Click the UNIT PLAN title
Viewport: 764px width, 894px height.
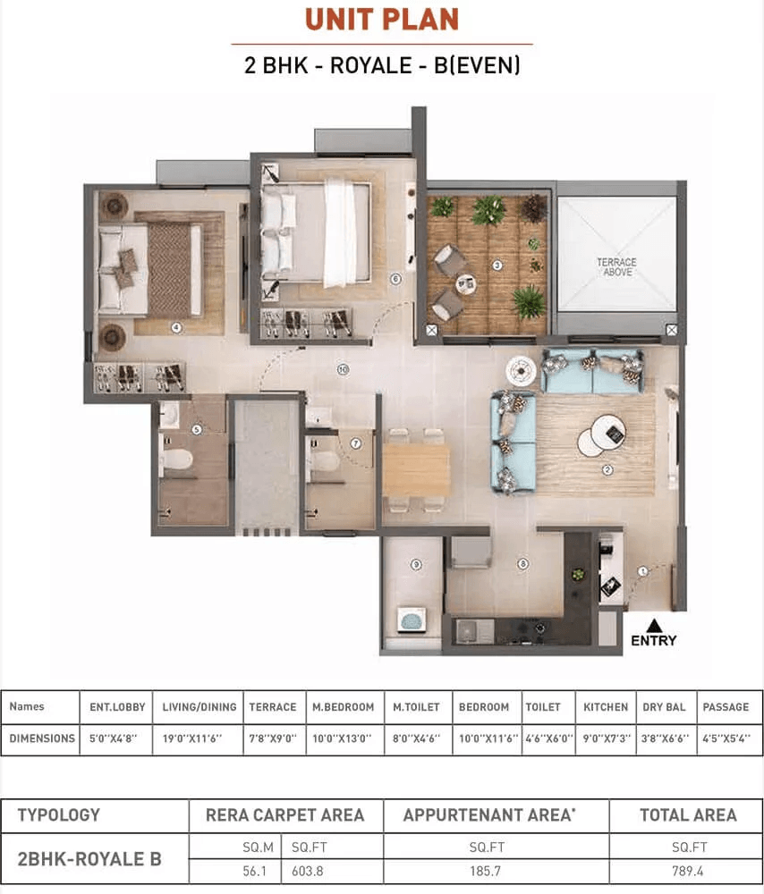(x=382, y=20)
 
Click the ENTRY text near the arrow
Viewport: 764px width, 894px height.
(x=653, y=640)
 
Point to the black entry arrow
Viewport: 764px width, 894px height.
(x=654, y=624)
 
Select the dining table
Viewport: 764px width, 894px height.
(x=416, y=469)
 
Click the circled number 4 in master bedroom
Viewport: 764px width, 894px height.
(x=176, y=328)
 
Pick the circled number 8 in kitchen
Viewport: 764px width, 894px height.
(x=523, y=564)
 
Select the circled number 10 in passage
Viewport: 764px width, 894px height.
(x=342, y=368)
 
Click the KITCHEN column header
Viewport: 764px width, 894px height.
(x=606, y=706)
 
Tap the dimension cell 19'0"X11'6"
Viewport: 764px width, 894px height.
(x=199, y=738)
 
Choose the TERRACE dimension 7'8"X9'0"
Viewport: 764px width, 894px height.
(x=273, y=738)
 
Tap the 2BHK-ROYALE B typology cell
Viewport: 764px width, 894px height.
(x=89, y=859)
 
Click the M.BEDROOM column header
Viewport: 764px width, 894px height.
(x=344, y=706)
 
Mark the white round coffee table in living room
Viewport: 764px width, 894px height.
(x=598, y=437)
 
